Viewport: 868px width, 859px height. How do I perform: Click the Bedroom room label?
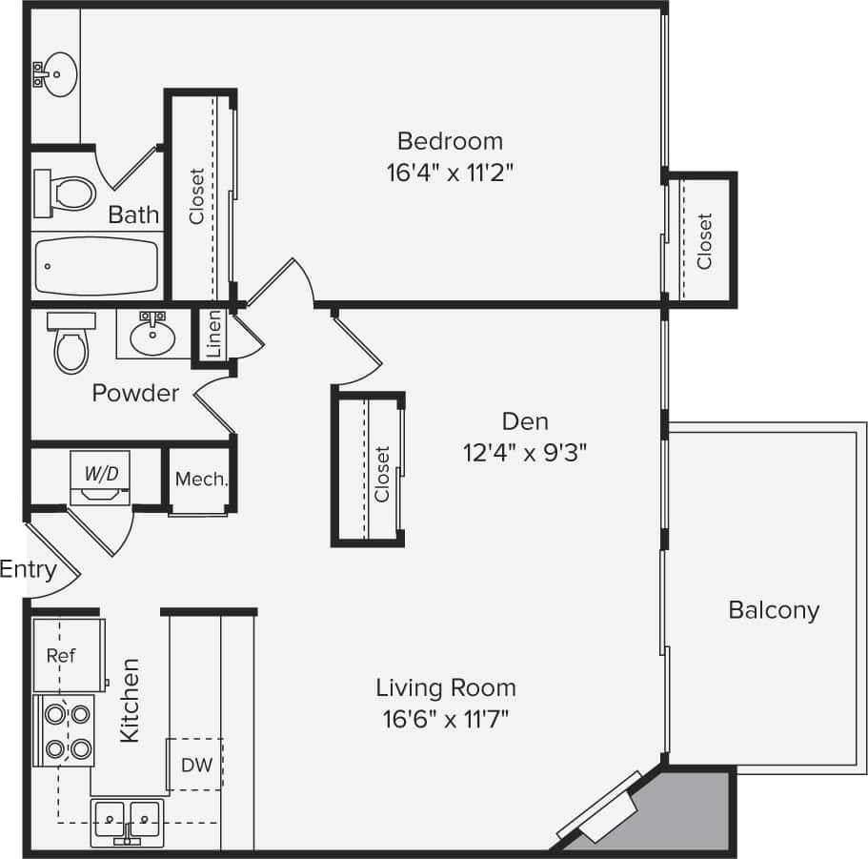450,141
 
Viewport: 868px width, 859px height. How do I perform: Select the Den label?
524,420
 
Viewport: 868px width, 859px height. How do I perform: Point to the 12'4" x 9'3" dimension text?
524,452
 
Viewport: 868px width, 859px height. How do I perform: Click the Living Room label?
446,686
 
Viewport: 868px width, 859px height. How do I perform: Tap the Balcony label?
774,610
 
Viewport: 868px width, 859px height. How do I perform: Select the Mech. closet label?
201,480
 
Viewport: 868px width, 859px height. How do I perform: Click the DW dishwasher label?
196,764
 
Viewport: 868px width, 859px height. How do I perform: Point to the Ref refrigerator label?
61,656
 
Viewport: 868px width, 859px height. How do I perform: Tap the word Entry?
28,570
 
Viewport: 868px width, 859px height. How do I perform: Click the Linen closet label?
213,334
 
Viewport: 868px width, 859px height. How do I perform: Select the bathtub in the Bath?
96,266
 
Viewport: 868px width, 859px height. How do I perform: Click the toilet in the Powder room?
71,344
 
